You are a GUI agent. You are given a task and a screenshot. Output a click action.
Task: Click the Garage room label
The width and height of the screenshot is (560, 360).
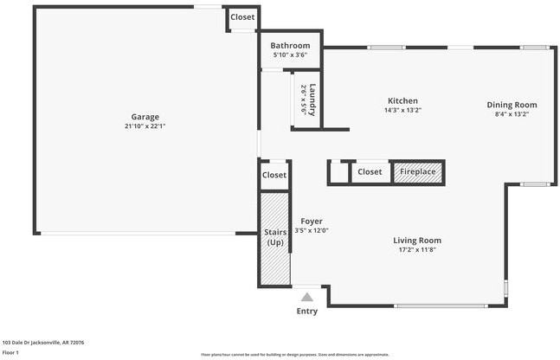pyautogui.click(x=145, y=117)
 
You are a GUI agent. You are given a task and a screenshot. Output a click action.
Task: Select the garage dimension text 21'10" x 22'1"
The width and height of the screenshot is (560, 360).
pyautogui.click(x=145, y=126)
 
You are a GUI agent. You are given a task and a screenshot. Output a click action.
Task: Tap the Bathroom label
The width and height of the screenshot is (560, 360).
pyautogui.click(x=290, y=46)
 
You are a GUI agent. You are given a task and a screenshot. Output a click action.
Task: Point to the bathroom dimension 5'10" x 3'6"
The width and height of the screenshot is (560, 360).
pyautogui.click(x=290, y=55)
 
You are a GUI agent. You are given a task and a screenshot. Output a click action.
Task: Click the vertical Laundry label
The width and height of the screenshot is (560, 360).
pyautogui.click(x=312, y=99)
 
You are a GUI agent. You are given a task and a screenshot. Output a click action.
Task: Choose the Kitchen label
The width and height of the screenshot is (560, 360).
pyautogui.click(x=402, y=100)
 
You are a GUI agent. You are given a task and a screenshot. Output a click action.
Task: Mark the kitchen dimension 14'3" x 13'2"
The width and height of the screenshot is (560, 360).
pyautogui.click(x=402, y=110)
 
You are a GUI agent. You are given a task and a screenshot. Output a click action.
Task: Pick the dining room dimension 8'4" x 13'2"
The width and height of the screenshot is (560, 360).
pyautogui.click(x=511, y=114)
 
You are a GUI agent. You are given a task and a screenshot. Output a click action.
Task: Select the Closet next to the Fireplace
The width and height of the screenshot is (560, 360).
pyautogui.click(x=370, y=172)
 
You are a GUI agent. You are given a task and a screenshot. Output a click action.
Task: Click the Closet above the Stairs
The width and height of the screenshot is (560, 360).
pyautogui.click(x=274, y=175)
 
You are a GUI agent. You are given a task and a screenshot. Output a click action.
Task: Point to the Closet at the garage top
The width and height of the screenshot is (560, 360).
pyautogui.click(x=242, y=17)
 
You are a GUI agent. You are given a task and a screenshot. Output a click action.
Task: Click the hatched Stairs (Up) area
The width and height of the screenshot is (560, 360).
pyautogui.click(x=274, y=238)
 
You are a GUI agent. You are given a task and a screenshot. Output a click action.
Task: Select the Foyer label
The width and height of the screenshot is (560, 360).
pyautogui.click(x=312, y=222)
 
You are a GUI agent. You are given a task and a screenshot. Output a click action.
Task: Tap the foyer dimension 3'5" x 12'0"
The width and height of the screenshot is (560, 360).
pyautogui.click(x=312, y=231)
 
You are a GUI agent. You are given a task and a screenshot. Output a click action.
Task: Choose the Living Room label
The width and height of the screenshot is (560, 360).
pyautogui.click(x=417, y=241)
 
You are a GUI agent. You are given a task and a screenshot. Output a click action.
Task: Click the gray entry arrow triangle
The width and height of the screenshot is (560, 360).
pyautogui.click(x=306, y=297)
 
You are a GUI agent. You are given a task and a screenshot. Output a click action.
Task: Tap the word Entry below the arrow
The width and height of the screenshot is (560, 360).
pyautogui.click(x=306, y=311)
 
